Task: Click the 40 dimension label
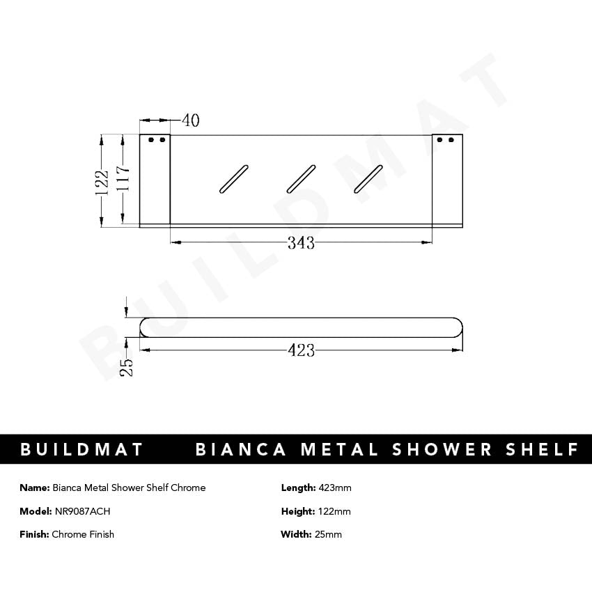click(190, 120)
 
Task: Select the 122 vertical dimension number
click(102, 182)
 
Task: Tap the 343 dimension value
click(301, 243)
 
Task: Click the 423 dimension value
click(301, 350)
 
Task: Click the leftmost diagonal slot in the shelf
click(233, 178)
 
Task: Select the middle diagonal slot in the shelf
click(301, 178)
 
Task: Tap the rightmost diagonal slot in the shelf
click(368, 178)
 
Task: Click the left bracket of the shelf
click(155, 180)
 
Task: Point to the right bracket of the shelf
click(446, 180)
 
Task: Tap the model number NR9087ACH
click(82, 511)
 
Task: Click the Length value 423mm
click(335, 488)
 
